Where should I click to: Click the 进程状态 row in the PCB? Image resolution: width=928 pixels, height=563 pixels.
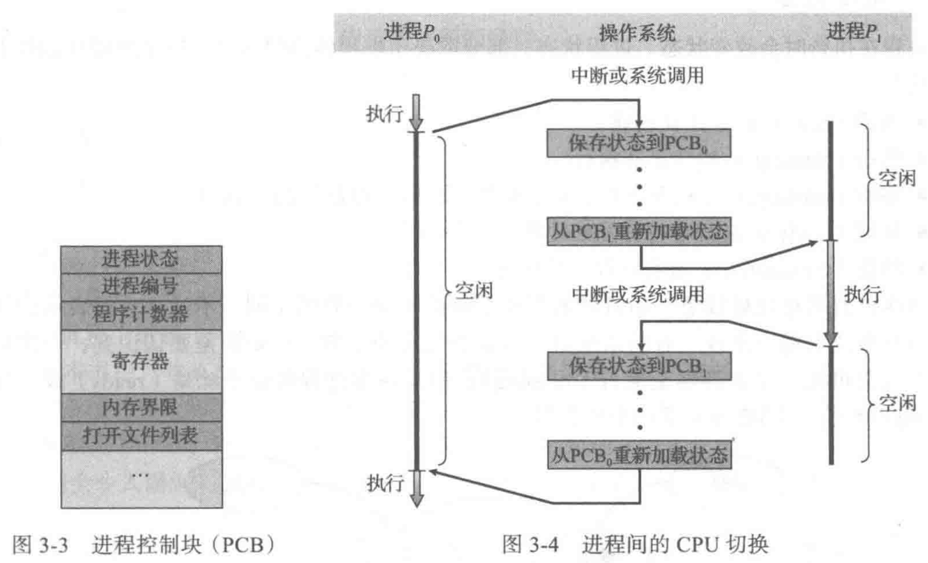[x=141, y=259]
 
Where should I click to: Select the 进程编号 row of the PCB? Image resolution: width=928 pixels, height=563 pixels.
[x=141, y=287]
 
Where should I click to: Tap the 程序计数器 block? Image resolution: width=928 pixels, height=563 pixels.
[x=141, y=315]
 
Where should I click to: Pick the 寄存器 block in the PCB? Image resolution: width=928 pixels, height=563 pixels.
[x=141, y=361]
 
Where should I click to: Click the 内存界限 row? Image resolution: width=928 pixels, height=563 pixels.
[x=141, y=407]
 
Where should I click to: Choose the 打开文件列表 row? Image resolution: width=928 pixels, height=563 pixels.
[x=141, y=436]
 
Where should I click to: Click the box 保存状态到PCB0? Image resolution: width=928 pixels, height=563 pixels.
[x=638, y=143]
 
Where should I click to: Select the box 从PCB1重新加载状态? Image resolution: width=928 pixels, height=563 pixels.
[x=639, y=231]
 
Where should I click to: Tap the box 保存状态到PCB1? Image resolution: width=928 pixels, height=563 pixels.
[x=639, y=366]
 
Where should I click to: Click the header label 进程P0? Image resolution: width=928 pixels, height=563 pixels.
[x=411, y=32]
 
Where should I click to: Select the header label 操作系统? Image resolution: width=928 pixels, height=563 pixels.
[x=637, y=33]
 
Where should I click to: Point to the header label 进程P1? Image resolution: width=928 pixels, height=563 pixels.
[x=853, y=32]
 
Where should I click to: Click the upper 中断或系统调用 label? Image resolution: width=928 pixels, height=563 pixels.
[x=637, y=76]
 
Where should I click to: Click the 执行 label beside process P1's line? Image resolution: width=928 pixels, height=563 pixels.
[x=862, y=294]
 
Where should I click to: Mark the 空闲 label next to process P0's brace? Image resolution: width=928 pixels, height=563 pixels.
[x=473, y=291]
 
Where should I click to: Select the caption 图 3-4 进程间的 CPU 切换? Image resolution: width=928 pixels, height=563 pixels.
[x=635, y=545]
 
